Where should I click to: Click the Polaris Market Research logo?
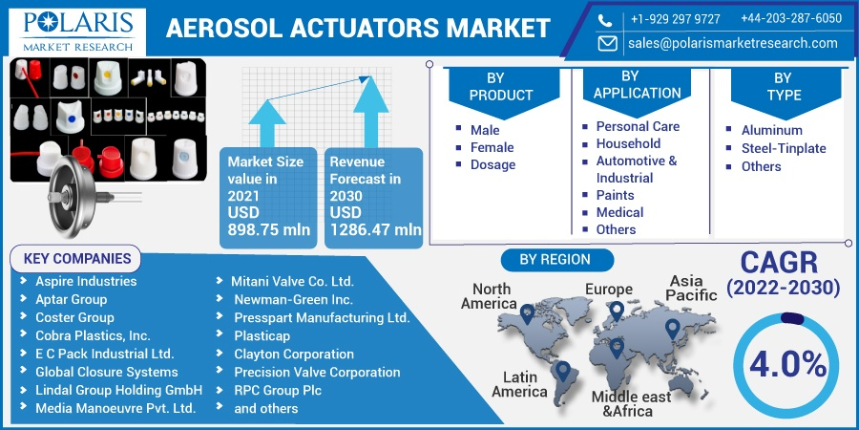tap(78, 32)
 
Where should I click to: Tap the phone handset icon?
tap(605, 21)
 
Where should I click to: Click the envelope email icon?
tap(607, 43)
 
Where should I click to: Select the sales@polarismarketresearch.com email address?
tap(732, 43)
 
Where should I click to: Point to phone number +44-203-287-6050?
tap(791, 19)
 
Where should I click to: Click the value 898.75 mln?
tap(268, 229)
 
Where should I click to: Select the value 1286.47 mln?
tap(376, 229)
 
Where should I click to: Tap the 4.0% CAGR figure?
tap(788, 365)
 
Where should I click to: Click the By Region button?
tap(555, 260)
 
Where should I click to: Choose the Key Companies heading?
tap(76, 259)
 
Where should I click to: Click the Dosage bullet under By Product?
tap(492, 164)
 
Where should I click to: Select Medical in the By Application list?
tap(619, 212)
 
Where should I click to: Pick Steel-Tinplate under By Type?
tap(784, 149)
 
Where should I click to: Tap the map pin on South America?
tap(561, 372)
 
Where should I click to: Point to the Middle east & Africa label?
tap(631, 403)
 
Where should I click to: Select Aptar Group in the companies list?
tap(72, 299)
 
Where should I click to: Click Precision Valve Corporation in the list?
tap(317, 373)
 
